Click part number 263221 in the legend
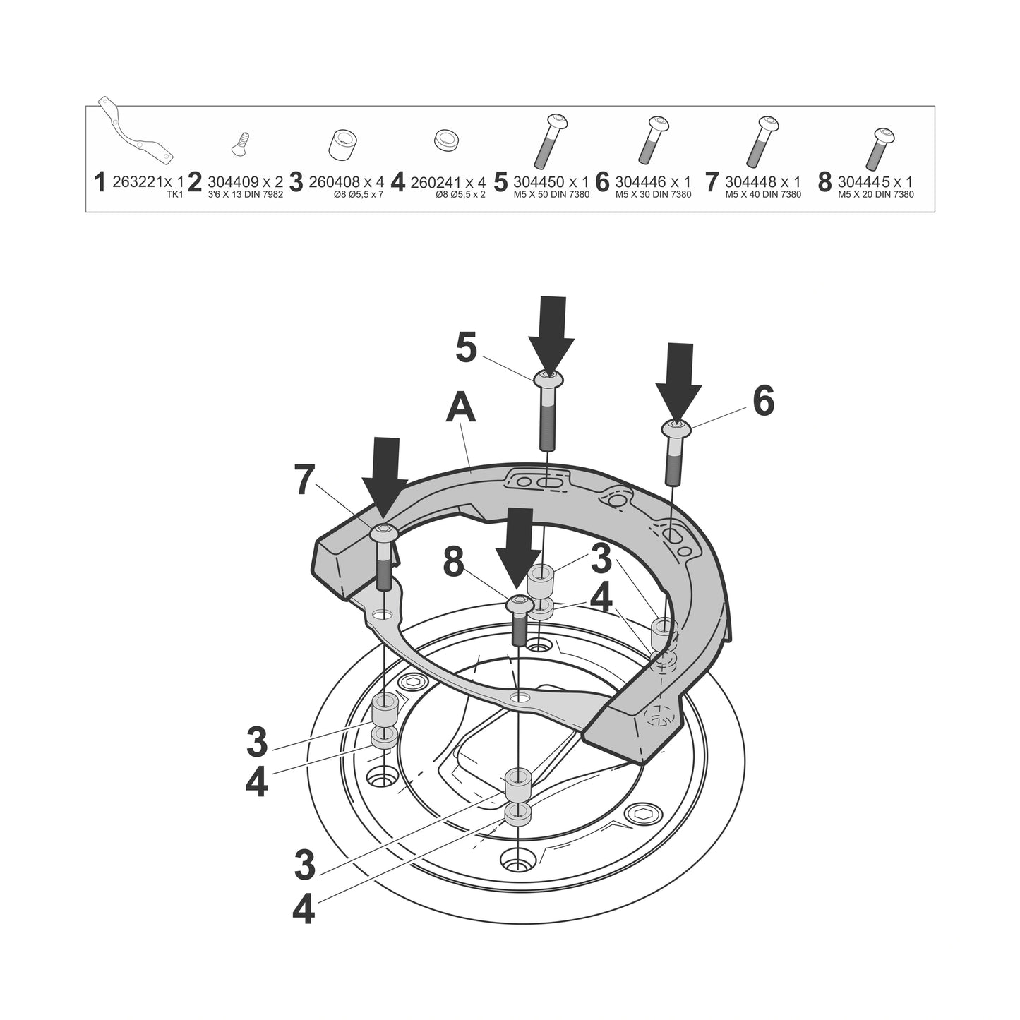[x=138, y=182]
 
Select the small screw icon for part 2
[x=241, y=143]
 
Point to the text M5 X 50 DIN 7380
[x=551, y=194]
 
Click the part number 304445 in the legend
[x=863, y=182]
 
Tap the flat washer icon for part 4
[x=445, y=140]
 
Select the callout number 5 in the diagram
[x=466, y=348]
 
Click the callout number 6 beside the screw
[x=763, y=401]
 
